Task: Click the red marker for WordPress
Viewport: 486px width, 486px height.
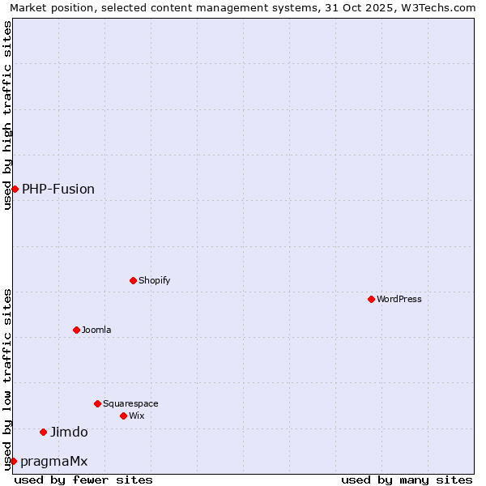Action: [x=372, y=299]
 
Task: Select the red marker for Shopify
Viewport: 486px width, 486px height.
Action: [x=134, y=280]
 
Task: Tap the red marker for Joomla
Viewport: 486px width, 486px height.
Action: [x=77, y=330]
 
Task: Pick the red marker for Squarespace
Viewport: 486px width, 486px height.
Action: [x=98, y=403]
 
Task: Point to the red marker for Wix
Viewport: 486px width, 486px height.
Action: [x=124, y=416]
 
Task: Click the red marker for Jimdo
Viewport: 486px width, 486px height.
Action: [x=44, y=432]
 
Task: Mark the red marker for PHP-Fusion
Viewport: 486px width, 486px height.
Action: [x=15, y=189]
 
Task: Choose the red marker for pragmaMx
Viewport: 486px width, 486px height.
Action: [x=13, y=461]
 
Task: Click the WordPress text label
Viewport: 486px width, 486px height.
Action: [x=399, y=299]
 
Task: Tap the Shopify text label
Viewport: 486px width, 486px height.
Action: [x=155, y=280]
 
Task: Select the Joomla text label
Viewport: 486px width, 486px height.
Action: [x=96, y=330]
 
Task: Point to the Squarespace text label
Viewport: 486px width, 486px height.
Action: [x=130, y=403]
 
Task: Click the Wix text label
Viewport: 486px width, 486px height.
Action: [x=137, y=416]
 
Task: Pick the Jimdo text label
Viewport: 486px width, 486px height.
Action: [x=69, y=432]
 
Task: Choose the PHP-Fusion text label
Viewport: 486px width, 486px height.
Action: [x=58, y=189]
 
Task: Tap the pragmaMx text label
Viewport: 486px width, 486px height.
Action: [x=53, y=461]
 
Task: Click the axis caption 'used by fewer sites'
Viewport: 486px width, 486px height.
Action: [x=83, y=480]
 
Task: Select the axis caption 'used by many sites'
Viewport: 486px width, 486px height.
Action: [x=407, y=480]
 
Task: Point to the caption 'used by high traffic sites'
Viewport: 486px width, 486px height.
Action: [x=8, y=115]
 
